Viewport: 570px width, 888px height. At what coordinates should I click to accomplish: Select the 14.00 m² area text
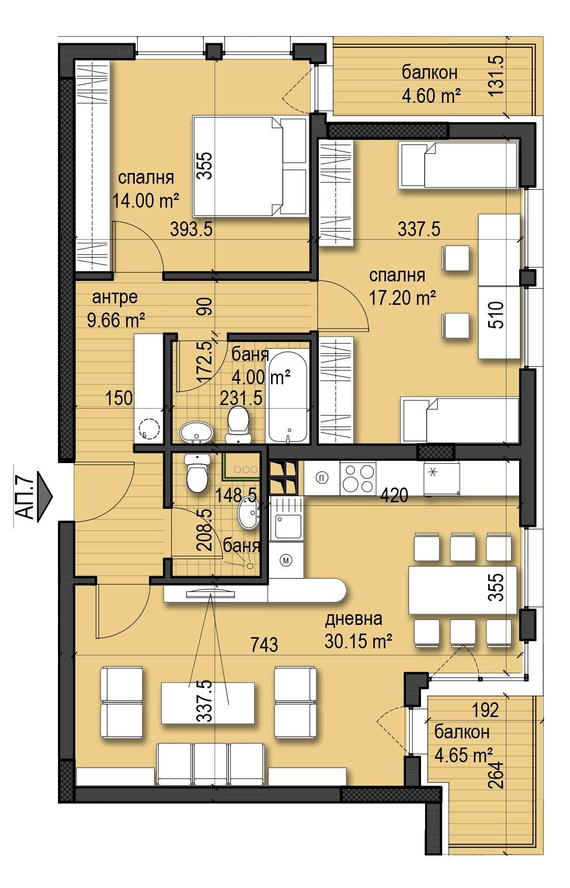pos(146,200)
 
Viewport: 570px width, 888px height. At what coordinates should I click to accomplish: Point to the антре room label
pos(115,297)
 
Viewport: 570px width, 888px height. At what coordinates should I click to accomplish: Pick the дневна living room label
pos(354,619)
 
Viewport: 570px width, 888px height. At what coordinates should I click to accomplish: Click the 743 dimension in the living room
pos(264,645)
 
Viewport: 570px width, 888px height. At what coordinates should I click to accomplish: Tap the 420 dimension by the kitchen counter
pos(394,495)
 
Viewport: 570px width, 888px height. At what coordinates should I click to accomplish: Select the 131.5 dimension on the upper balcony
pos(495,76)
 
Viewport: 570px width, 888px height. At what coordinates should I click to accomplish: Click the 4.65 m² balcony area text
pos(463,755)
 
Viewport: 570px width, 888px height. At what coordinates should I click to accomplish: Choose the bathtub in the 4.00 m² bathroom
pos(288,396)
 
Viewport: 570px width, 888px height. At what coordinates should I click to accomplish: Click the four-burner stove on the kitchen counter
pos(358,478)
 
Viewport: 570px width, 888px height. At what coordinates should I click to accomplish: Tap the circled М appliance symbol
pos(286,560)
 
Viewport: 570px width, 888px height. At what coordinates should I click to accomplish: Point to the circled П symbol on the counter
pos(322,478)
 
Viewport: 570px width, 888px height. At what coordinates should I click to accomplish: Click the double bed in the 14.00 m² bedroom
pos(251,166)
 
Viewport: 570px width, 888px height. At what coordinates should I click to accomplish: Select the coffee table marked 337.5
pos(208,703)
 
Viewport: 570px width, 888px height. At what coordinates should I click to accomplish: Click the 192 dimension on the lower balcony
pos(485,710)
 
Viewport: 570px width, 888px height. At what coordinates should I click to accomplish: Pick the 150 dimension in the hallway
pos(119,398)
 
